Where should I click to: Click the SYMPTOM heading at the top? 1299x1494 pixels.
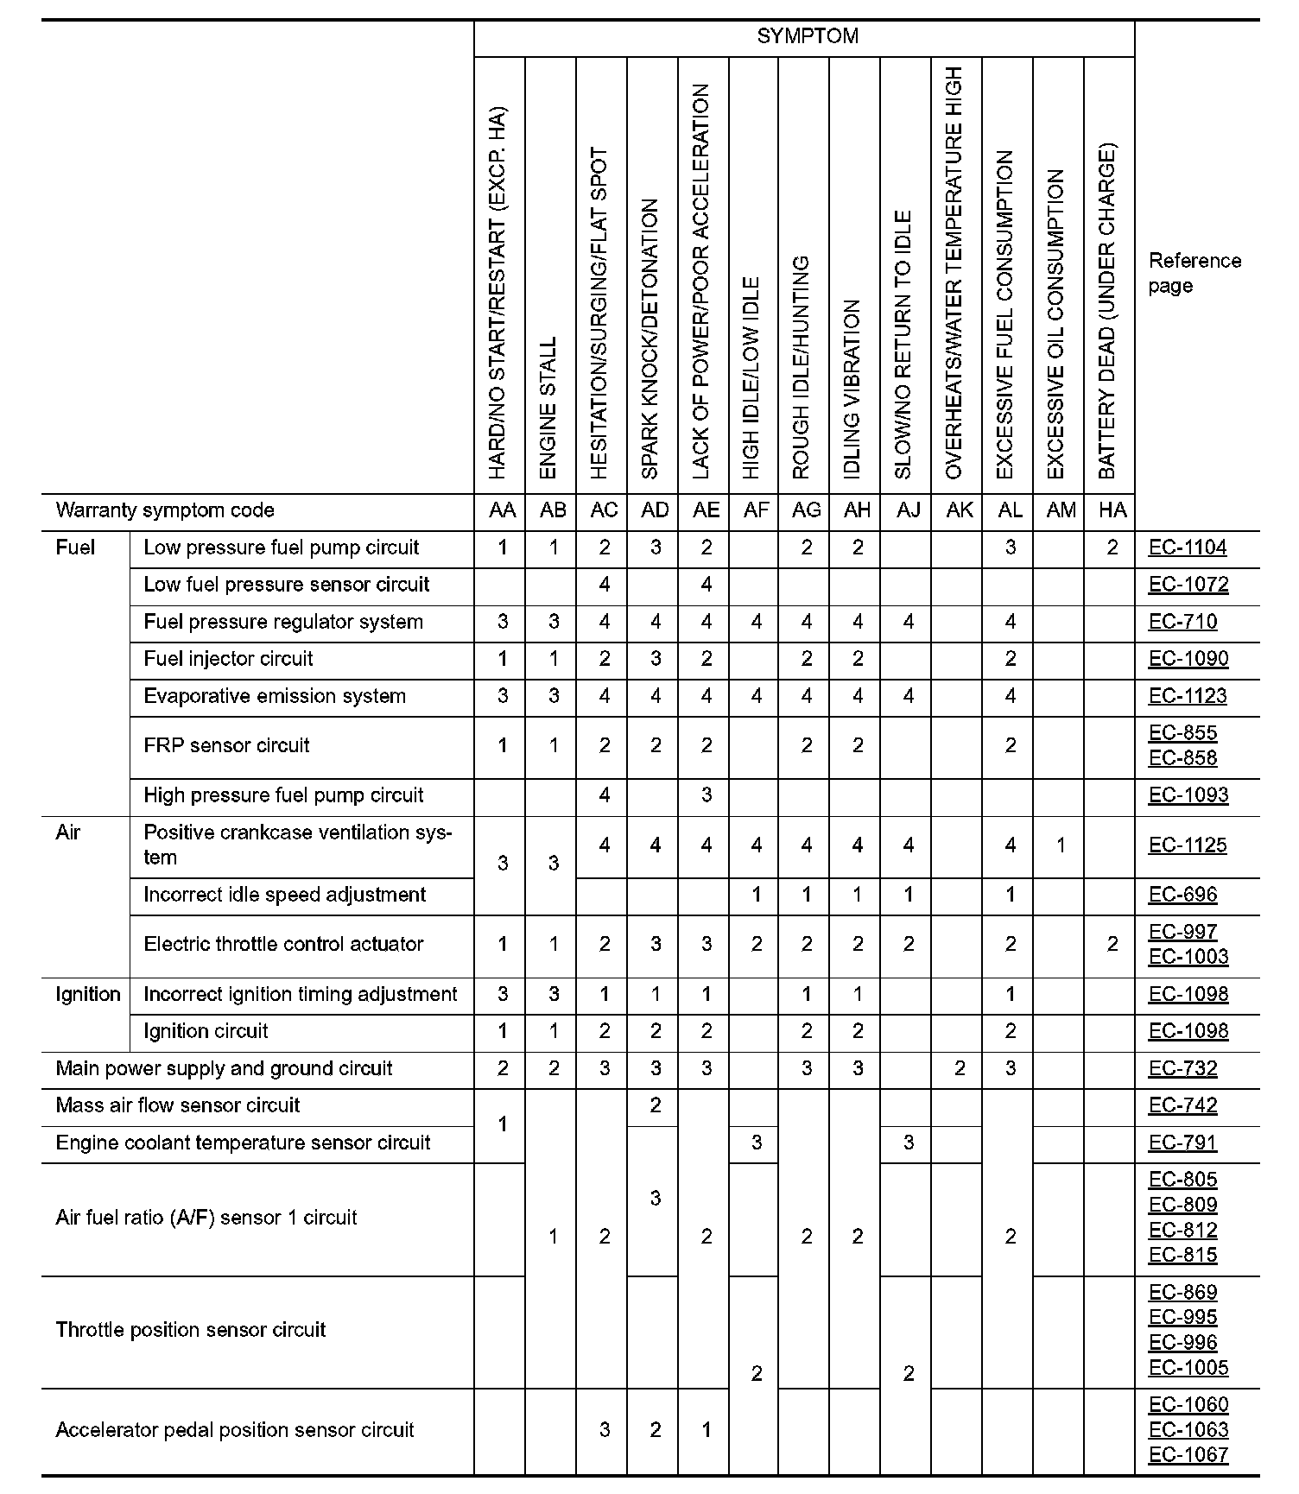pos(808,36)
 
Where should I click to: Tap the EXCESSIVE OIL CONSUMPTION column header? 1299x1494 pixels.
pos(1056,324)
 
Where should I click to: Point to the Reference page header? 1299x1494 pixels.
pos(1194,273)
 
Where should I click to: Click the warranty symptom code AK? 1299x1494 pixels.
pos(960,510)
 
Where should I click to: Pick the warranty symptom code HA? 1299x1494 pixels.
pos(1112,510)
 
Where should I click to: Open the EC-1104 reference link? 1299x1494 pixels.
pos(1188,548)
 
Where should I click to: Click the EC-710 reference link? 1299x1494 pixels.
pos(1182,622)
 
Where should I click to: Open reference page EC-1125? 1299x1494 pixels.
pos(1188,845)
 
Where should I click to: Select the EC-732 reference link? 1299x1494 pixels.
pos(1182,1068)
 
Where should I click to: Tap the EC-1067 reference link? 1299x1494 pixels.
pos(1188,1454)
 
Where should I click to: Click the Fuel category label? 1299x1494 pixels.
pos(75,548)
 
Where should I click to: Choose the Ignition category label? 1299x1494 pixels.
pos(87,994)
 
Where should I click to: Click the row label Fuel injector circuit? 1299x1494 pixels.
pos(228,659)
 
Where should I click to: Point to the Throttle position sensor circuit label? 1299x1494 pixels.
pos(190,1330)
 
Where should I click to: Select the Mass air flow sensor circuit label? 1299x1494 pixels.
pos(177,1105)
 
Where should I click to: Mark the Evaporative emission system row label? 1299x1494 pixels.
pos(274,696)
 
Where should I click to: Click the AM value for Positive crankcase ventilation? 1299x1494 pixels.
pos(1061,845)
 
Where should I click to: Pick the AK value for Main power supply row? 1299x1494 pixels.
pos(959,1068)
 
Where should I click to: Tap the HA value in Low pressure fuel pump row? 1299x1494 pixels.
pos(1112,548)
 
